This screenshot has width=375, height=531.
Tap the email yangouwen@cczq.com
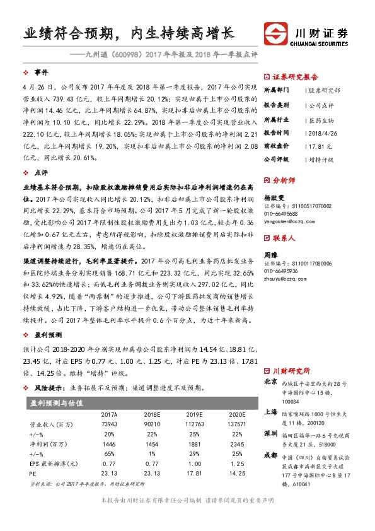289,221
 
